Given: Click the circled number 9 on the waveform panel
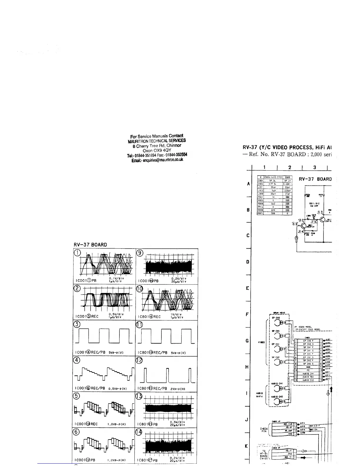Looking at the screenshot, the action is pos(140,253).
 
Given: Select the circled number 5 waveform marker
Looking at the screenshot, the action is pos(76,396).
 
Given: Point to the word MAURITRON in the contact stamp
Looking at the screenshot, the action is pos(138,141).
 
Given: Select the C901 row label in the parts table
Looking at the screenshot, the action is pos(260,181).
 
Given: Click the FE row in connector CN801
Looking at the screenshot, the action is pos(307,370).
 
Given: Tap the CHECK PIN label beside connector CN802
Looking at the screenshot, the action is pos(264,430).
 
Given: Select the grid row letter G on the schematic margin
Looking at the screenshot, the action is pos(248,341).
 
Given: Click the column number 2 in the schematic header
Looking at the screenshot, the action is pos(290,167).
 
